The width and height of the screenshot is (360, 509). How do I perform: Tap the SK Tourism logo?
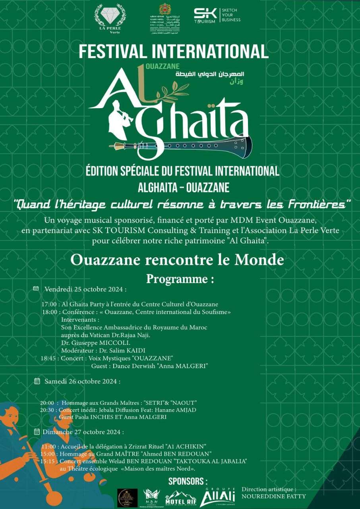click(x=217, y=16)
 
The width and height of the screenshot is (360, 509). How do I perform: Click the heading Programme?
click(x=180, y=279)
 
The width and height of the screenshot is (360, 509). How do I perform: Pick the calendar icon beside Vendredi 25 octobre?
click(x=36, y=288)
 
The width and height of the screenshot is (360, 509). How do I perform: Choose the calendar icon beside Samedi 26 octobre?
click(x=37, y=381)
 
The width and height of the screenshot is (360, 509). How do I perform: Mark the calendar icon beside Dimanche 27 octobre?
click(x=37, y=431)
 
